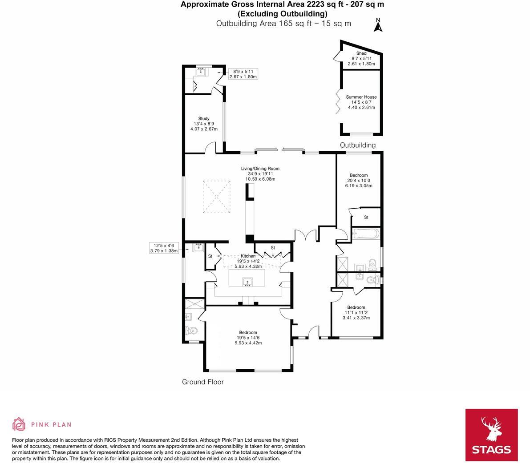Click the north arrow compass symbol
[x=378, y=26]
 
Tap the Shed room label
[x=361, y=53]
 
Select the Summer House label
[x=361, y=97]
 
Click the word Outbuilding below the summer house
[x=357, y=145]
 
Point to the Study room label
[x=204, y=119]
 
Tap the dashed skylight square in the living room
[x=217, y=197]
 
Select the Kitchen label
[x=248, y=256]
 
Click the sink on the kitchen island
[x=247, y=282]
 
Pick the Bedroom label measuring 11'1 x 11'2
[x=356, y=307]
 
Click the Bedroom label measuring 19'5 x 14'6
[x=248, y=333]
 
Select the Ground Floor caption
[x=203, y=382]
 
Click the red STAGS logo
[x=491, y=435]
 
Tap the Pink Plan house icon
[x=19, y=424]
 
